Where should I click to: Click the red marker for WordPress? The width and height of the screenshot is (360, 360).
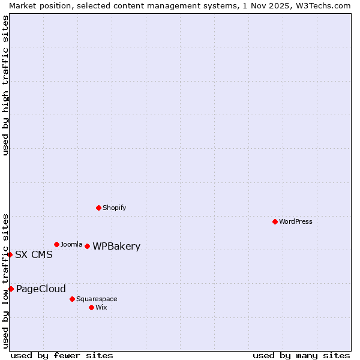(x=275, y=221)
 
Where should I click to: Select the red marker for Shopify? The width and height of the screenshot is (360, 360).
(x=98, y=208)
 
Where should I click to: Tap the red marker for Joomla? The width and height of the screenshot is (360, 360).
(x=56, y=244)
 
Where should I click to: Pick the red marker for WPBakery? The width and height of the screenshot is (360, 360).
(x=87, y=246)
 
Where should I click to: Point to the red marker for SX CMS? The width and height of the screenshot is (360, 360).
(x=10, y=254)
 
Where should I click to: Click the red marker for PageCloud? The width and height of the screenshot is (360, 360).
(x=11, y=289)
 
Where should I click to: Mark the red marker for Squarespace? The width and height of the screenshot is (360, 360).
(x=72, y=299)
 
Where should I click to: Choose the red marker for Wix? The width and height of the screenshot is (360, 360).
(x=91, y=307)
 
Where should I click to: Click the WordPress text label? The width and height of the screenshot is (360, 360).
(x=296, y=221)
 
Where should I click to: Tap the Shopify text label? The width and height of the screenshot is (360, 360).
(x=114, y=208)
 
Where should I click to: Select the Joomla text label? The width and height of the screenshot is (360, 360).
(x=71, y=244)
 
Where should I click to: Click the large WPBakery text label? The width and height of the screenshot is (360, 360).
(x=116, y=246)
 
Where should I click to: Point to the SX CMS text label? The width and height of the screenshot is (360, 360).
(x=34, y=254)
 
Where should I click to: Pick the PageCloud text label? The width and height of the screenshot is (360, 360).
(x=41, y=289)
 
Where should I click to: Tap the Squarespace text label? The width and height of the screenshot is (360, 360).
(x=97, y=299)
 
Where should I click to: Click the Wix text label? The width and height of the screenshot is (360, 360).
(x=101, y=307)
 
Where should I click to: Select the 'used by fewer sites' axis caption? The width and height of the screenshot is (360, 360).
(x=62, y=355)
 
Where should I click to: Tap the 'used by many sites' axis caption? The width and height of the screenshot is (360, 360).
(x=301, y=355)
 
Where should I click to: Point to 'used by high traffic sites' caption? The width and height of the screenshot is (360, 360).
(x=5, y=85)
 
